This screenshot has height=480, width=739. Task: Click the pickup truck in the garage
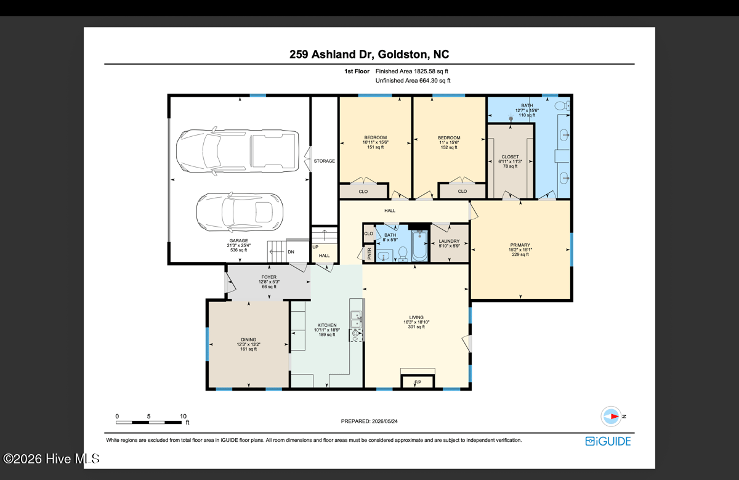(238, 151)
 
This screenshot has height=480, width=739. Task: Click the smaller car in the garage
(240, 212)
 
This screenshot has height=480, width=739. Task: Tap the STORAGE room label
(325, 161)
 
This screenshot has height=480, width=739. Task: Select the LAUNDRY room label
(449, 242)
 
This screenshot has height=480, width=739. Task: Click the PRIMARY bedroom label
(520, 245)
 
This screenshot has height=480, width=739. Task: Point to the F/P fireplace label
(418, 382)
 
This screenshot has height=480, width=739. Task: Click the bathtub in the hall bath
(419, 246)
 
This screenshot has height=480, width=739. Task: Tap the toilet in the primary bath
(563, 105)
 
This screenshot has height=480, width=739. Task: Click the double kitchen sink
(356, 319)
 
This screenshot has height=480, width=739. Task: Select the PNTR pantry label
(369, 253)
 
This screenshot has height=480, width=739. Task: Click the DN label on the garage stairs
(291, 252)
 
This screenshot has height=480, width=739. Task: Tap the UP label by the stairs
(315, 247)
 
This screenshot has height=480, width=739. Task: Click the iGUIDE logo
(608, 441)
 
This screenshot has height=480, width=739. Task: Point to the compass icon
(611, 417)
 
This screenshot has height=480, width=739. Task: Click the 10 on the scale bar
(183, 417)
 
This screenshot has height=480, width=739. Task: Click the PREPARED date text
(369, 421)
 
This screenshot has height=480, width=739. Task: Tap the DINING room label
(248, 340)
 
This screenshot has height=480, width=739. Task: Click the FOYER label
(269, 277)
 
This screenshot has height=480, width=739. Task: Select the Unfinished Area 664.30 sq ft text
(413, 81)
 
